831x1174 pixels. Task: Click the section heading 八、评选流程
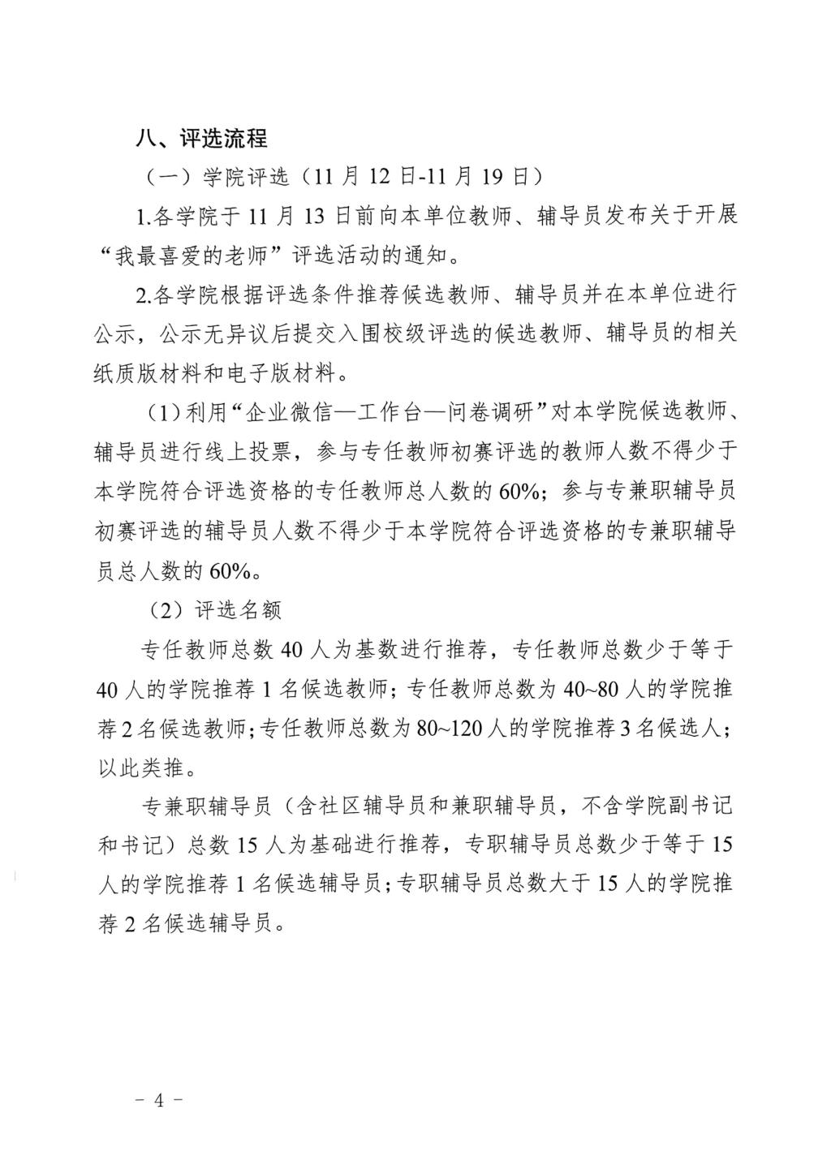point(201,138)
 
